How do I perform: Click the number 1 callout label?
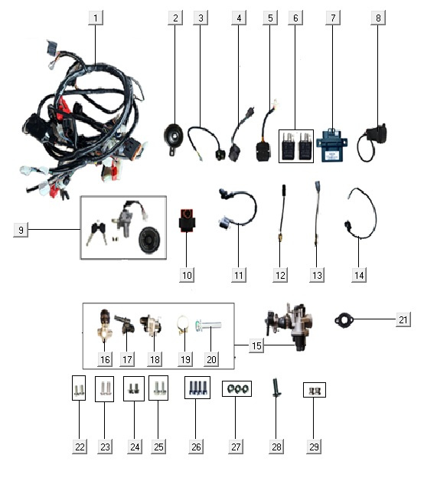(96, 18)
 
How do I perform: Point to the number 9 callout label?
(21, 230)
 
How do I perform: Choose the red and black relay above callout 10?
(186, 220)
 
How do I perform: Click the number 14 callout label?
(359, 275)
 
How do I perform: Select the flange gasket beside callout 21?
(344, 321)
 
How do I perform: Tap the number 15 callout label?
(256, 345)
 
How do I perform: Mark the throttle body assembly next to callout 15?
(289, 326)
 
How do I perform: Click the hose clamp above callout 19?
(184, 325)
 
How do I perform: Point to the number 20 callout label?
(211, 359)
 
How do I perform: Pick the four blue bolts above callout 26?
(197, 388)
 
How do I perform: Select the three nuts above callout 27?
(236, 388)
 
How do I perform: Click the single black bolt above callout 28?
(276, 388)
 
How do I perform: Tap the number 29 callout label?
(314, 447)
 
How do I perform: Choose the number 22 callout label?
(80, 447)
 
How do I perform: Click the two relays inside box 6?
(296, 146)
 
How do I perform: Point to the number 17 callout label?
(127, 359)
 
